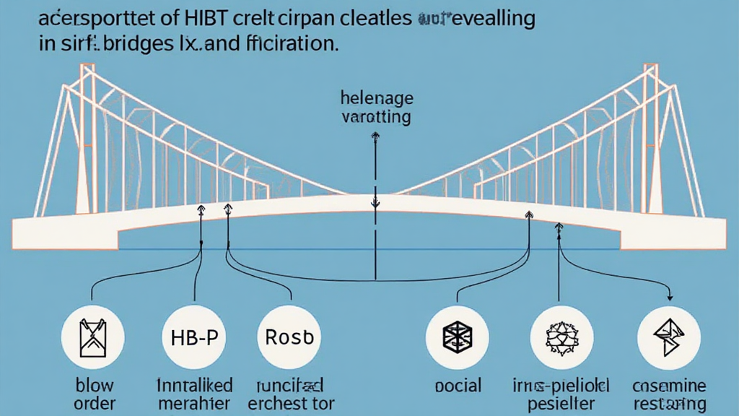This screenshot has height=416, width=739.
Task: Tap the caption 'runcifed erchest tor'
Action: point(290,394)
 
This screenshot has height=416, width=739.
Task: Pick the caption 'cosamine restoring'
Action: point(669,394)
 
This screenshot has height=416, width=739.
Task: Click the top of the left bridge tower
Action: point(87,68)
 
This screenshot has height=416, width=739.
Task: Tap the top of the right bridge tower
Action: point(647,68)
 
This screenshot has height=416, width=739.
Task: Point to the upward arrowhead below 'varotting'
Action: point(375,136)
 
